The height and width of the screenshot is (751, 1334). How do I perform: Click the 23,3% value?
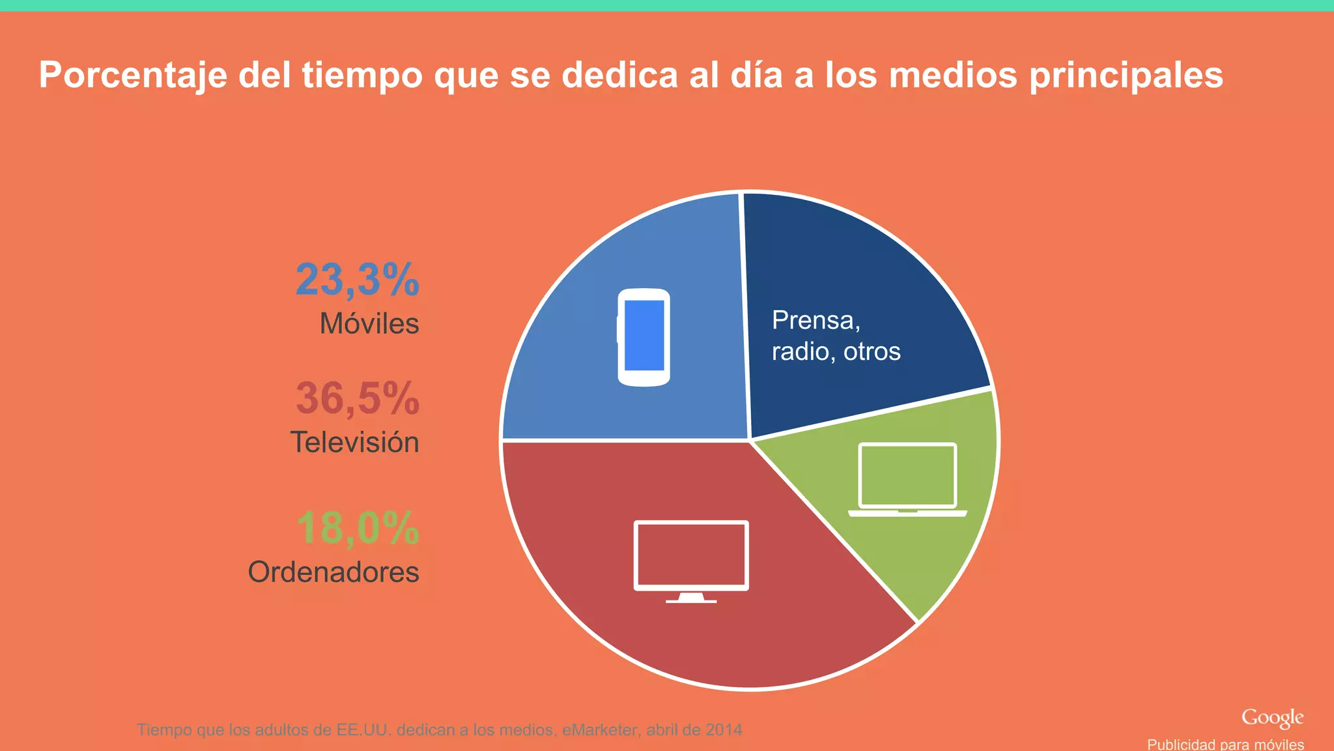point(357,280)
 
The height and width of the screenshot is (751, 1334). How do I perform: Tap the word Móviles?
point(369,324)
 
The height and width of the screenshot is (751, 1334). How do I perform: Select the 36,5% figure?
point(357,398)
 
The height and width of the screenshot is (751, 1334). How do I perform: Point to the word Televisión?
point(354,443)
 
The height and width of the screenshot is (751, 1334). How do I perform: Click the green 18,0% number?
point(358,528)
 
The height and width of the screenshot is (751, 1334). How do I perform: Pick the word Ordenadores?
point(333,572)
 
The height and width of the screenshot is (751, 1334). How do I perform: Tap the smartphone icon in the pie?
point(644,337)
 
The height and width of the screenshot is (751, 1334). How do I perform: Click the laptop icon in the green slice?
point(907,479)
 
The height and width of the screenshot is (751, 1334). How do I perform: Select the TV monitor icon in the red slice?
point(691,556)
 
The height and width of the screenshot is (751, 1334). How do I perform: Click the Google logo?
point(1271,718)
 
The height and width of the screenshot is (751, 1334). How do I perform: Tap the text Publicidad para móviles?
point(1225,744)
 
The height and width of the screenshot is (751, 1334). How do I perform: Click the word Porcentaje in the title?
point(133,76)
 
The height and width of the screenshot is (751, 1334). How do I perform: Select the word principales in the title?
point(1126,76)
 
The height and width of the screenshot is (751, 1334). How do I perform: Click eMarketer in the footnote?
point(600,729)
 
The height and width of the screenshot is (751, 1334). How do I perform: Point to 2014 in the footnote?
point(724,729)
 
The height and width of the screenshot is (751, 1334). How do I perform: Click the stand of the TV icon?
point(691,598)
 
